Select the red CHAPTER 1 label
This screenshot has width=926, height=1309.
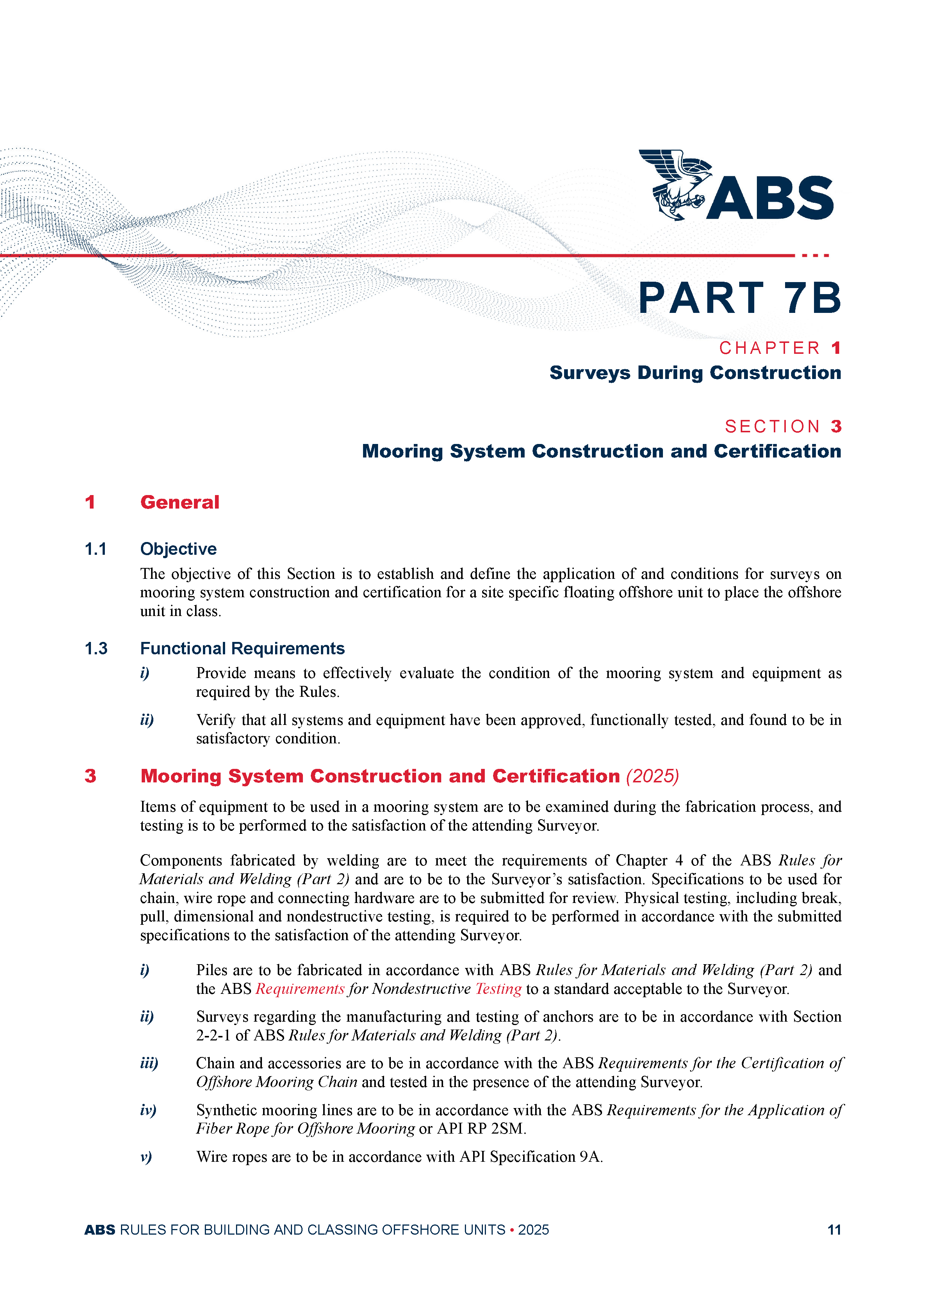click(x=779, y=348)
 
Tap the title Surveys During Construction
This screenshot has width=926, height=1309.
click(x=695, y=373)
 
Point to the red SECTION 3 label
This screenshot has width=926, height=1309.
click(x=783, y=426)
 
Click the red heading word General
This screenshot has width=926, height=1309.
click(x=180, y=502)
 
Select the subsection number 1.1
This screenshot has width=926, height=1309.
click(x=95, y=549)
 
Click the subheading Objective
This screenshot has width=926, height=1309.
click(x=178, y=549)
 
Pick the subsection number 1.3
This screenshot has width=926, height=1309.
click(x=96, y=649)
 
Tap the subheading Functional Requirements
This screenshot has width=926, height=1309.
click(x=242, y=649)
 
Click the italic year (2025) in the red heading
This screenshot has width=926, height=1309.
click(x=652, y=776)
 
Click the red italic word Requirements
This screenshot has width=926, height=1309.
click(x=300, y=989)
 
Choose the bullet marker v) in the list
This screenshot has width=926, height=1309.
click(x=146, y=1157)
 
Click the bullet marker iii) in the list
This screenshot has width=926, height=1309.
click(x=149, y=1063)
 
